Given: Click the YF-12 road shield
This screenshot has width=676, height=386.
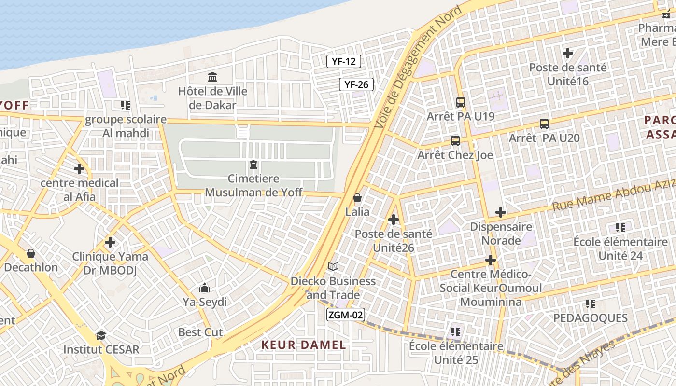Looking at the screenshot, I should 344,61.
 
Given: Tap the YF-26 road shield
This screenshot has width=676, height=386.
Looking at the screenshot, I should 356,85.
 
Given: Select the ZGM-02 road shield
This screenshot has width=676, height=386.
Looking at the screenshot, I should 345,315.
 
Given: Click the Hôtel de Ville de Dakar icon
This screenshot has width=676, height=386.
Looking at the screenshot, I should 212,77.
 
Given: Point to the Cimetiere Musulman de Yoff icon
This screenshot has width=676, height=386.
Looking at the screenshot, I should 253,165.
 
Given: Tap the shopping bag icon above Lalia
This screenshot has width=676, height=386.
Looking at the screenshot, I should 357,198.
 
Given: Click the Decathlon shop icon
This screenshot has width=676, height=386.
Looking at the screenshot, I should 31,253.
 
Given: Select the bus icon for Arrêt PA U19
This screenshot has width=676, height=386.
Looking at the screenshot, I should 460,102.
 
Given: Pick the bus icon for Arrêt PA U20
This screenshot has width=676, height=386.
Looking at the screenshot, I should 544,124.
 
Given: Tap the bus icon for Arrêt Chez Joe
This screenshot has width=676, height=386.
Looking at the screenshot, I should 455,141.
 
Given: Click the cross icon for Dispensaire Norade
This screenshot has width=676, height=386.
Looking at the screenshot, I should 501,212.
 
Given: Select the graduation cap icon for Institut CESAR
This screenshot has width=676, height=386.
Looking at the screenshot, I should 101,335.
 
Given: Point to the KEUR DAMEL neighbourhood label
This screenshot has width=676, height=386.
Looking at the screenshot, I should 304,345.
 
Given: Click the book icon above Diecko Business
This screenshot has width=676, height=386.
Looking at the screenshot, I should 333,267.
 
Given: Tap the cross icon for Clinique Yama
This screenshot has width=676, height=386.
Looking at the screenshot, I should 110,242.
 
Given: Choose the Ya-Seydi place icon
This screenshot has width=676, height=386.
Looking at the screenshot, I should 205,288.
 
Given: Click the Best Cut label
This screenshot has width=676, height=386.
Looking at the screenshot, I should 200,332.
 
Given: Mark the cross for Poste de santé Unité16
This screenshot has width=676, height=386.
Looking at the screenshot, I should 568,53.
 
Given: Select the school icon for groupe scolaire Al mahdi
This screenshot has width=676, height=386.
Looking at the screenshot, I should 126,105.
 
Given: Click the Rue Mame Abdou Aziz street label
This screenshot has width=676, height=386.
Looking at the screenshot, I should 613,194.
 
